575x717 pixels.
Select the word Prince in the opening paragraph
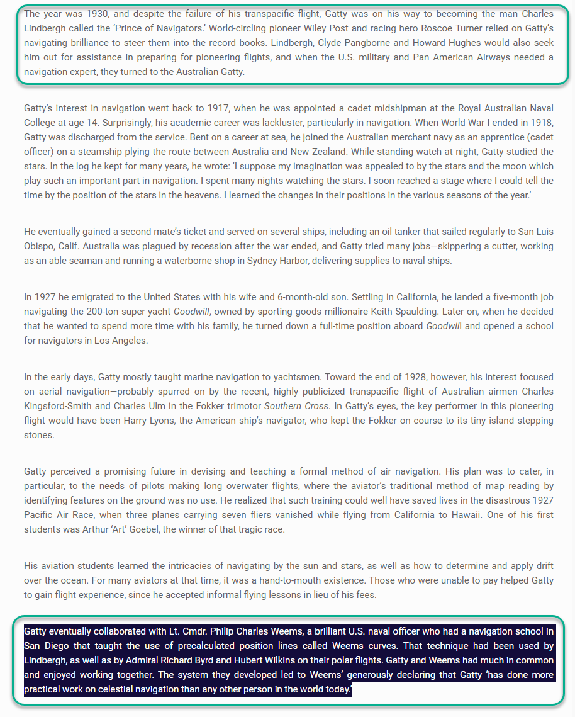[218, 28]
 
